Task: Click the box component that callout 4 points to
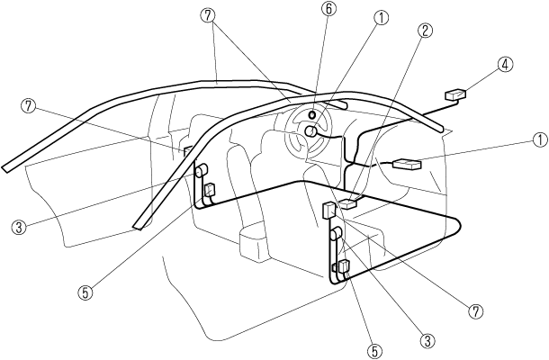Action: point(456,94)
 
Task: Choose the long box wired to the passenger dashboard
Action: point(405,165)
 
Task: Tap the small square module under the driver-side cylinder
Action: point(211,190)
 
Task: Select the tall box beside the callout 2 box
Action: point(328,212)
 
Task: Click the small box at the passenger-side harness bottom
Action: point(343,266)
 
